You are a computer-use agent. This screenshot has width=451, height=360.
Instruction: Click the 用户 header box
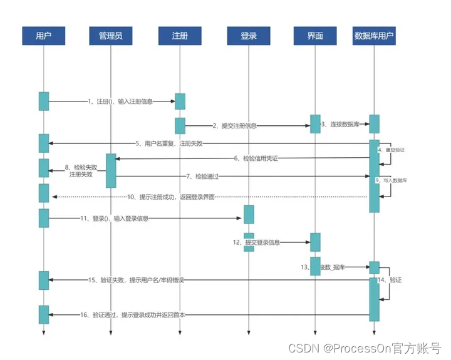pyautogui.click(x=44, y=36)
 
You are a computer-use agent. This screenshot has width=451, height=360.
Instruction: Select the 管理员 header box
pyautogui.click(x=110, y=36)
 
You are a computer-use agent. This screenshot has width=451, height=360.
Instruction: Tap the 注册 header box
pyautogui.click(x=180, y=36)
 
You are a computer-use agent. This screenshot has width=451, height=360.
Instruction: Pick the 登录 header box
pyautogui.click(x=249, y=36)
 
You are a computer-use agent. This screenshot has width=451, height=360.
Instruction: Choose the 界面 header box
pyautogui.click(x=315, y=36)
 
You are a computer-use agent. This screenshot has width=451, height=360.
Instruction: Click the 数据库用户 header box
pyautogui.click(x=374, y=36)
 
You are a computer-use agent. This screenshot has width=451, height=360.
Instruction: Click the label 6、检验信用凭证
pyautogui.click(x=256, y=158)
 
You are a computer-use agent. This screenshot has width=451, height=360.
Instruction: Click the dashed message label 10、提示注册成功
pyautogui.click(x=172, y=197)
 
